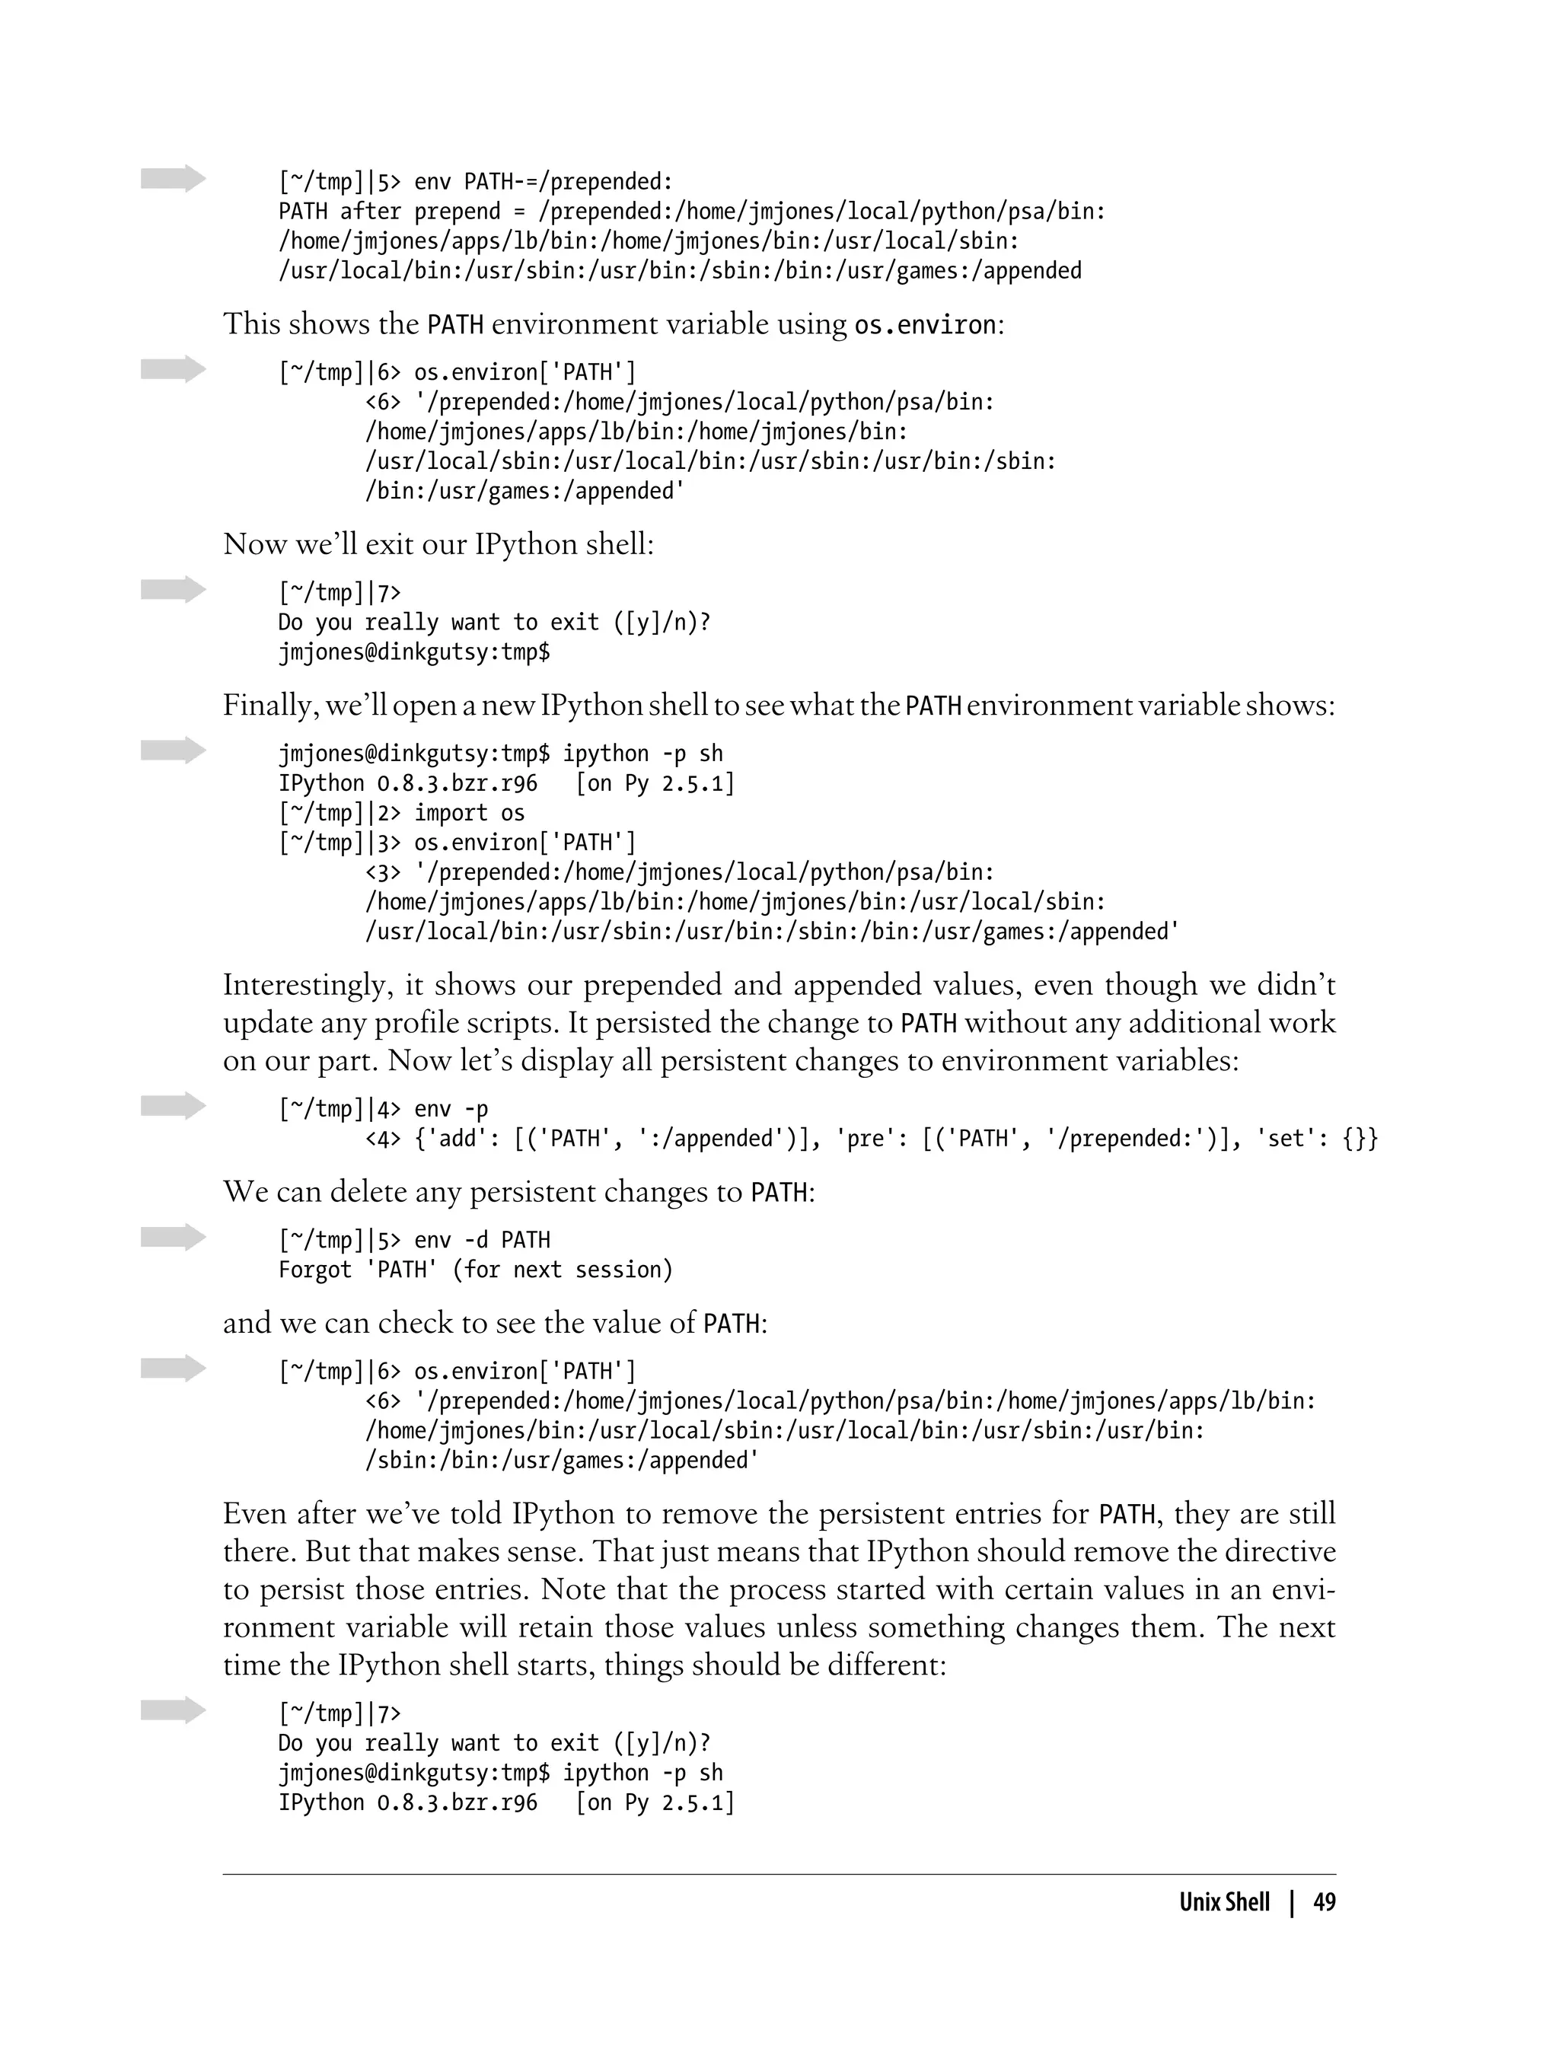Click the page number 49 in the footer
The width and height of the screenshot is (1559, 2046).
coord(1325,1902)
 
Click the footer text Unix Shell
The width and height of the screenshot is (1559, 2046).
coord(1224,1902)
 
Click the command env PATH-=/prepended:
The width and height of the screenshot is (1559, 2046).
coord(543,181)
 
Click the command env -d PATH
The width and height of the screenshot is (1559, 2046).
coord(482,1240)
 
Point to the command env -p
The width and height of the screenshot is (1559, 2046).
coord(451,1109)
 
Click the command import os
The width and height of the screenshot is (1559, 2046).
coord(469,813)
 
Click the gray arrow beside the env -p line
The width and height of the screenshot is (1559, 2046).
coord(174,1106)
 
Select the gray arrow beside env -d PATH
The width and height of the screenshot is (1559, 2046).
coord(174,1237)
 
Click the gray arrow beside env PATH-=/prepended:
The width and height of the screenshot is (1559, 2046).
coord(174,178)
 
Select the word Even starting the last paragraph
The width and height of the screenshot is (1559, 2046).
coord(255,1514)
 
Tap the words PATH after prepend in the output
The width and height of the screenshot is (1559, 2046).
coord(389,212)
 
